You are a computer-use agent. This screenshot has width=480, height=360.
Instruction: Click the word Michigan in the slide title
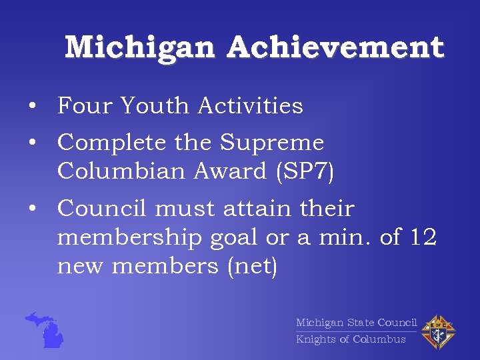point(140,48)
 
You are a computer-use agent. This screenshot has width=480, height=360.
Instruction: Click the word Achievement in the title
point(335,48)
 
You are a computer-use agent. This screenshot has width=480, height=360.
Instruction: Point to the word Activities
point(251,105)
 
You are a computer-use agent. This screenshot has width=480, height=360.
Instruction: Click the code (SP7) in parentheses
point(303,171)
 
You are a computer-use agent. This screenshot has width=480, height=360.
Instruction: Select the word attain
point(257,209)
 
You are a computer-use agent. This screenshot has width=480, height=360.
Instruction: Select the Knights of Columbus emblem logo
point(439,331)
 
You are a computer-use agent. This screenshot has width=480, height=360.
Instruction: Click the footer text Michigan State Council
point(356,323)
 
